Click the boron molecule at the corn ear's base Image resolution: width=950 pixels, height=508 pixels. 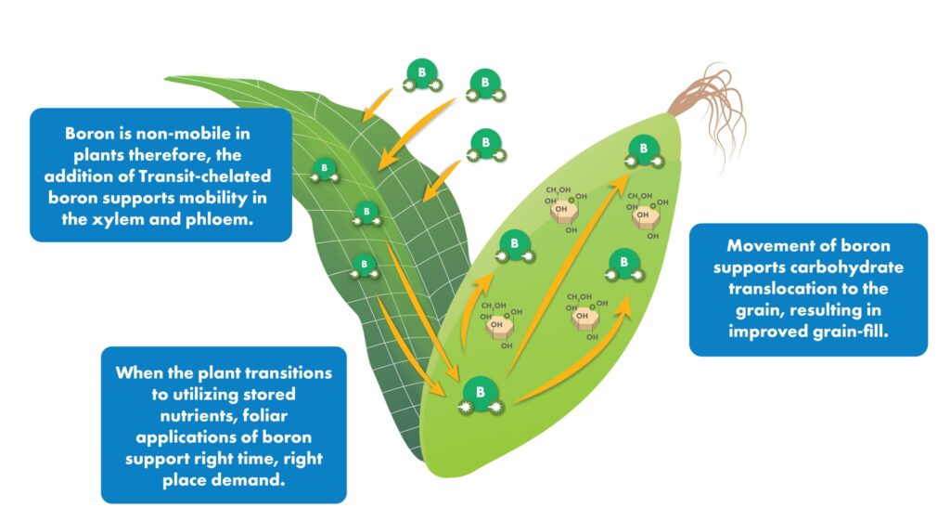pos(480,394)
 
